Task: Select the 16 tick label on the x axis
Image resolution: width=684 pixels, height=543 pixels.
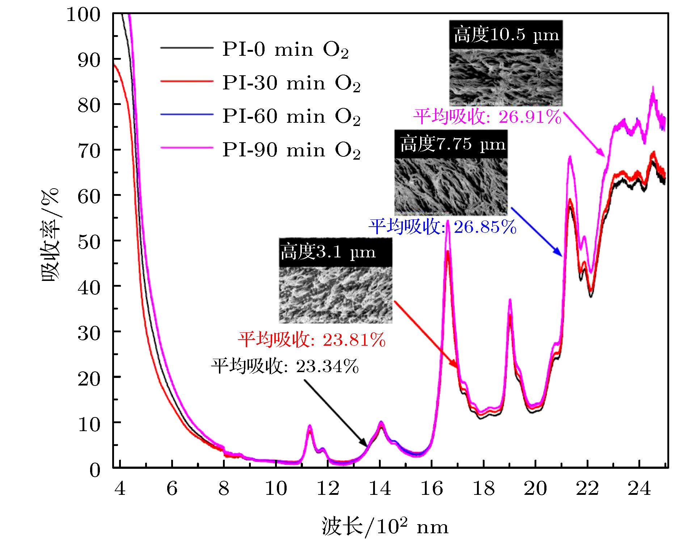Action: pos(431,488)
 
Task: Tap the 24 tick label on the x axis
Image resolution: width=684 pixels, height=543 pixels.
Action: pos(639,488)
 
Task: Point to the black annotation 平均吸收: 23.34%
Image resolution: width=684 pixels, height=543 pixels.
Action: pos(285,366)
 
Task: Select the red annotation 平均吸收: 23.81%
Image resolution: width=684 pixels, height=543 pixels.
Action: pos(312,340)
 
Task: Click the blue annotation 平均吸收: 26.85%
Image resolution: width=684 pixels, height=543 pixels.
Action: pos(442,227)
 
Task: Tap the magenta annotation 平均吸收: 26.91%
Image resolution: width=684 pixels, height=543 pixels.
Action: pos(487,117)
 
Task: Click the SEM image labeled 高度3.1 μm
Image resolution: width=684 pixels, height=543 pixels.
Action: pos(335,295)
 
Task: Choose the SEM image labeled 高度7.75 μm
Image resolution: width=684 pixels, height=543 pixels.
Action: pos(451,186)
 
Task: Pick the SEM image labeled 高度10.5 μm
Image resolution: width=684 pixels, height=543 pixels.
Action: pos(506,77)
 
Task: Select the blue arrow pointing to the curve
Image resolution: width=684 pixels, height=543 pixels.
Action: pos(536,232)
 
